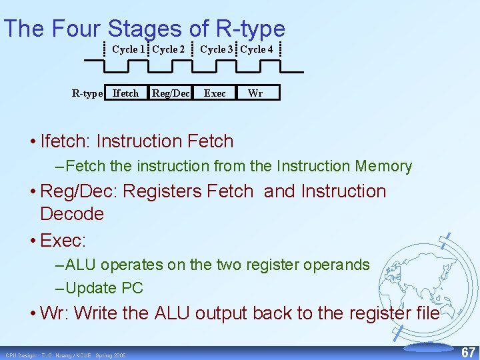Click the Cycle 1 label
coord(128,49)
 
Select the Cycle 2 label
coord(169,49)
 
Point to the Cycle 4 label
coord(257,49)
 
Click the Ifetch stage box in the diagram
coord(125,93)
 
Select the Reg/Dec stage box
coord(171,93)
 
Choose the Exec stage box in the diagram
coord(215,93)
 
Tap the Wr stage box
coord(255,93)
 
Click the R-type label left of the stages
coord(87,93)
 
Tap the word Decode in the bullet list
coord(72,214)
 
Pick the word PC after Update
coord(132,289)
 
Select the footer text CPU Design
coord(21,355)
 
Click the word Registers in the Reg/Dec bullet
coord(163,191)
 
